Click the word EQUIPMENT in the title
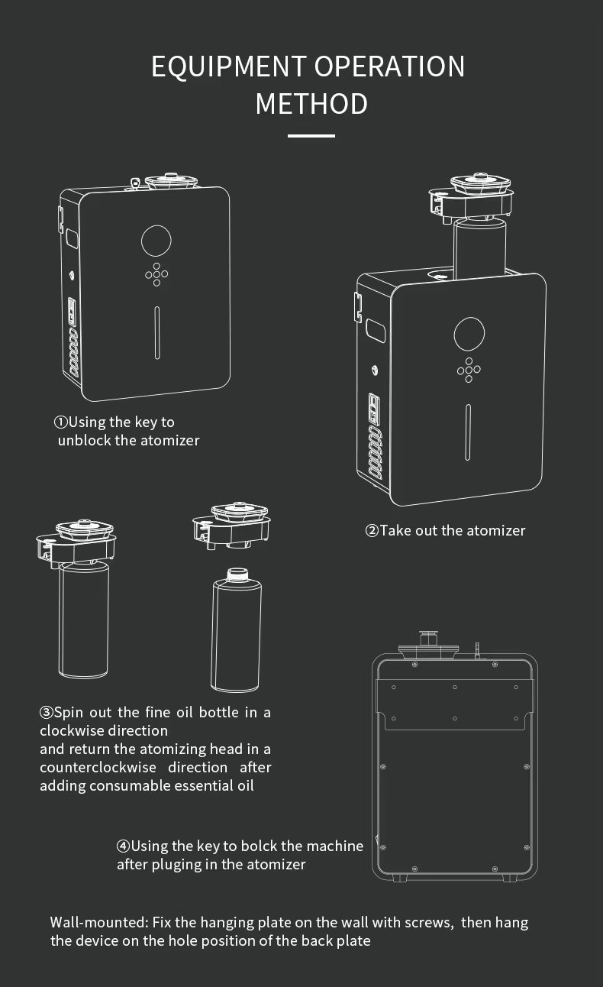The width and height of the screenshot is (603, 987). [x=229, y=67]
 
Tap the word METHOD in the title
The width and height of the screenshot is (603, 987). [x=311, y=104]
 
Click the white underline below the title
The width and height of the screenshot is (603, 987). [x=311, y=136]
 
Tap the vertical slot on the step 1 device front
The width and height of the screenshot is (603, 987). [x=157, y=332]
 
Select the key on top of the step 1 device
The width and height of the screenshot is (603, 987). [x=136, y=183]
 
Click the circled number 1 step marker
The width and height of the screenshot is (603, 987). [x=61, y=422]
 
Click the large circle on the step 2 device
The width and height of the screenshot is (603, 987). [x=469, y=333]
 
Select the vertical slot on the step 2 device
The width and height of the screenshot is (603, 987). [x=468, y=432]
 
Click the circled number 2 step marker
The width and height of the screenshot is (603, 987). [x=372, y=530]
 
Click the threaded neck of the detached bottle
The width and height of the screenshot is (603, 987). [x=237, y=575]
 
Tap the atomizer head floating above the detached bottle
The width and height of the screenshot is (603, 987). [x=232, y=526]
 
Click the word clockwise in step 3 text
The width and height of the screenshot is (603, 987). [x=104, y=730]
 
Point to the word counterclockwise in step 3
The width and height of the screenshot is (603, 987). [x=98, y=767]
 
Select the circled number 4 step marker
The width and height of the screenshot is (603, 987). [x=123, y=846]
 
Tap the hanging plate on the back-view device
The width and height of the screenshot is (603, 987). [x=455, y=704]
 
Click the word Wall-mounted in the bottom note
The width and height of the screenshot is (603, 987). [x=99, y=922]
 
